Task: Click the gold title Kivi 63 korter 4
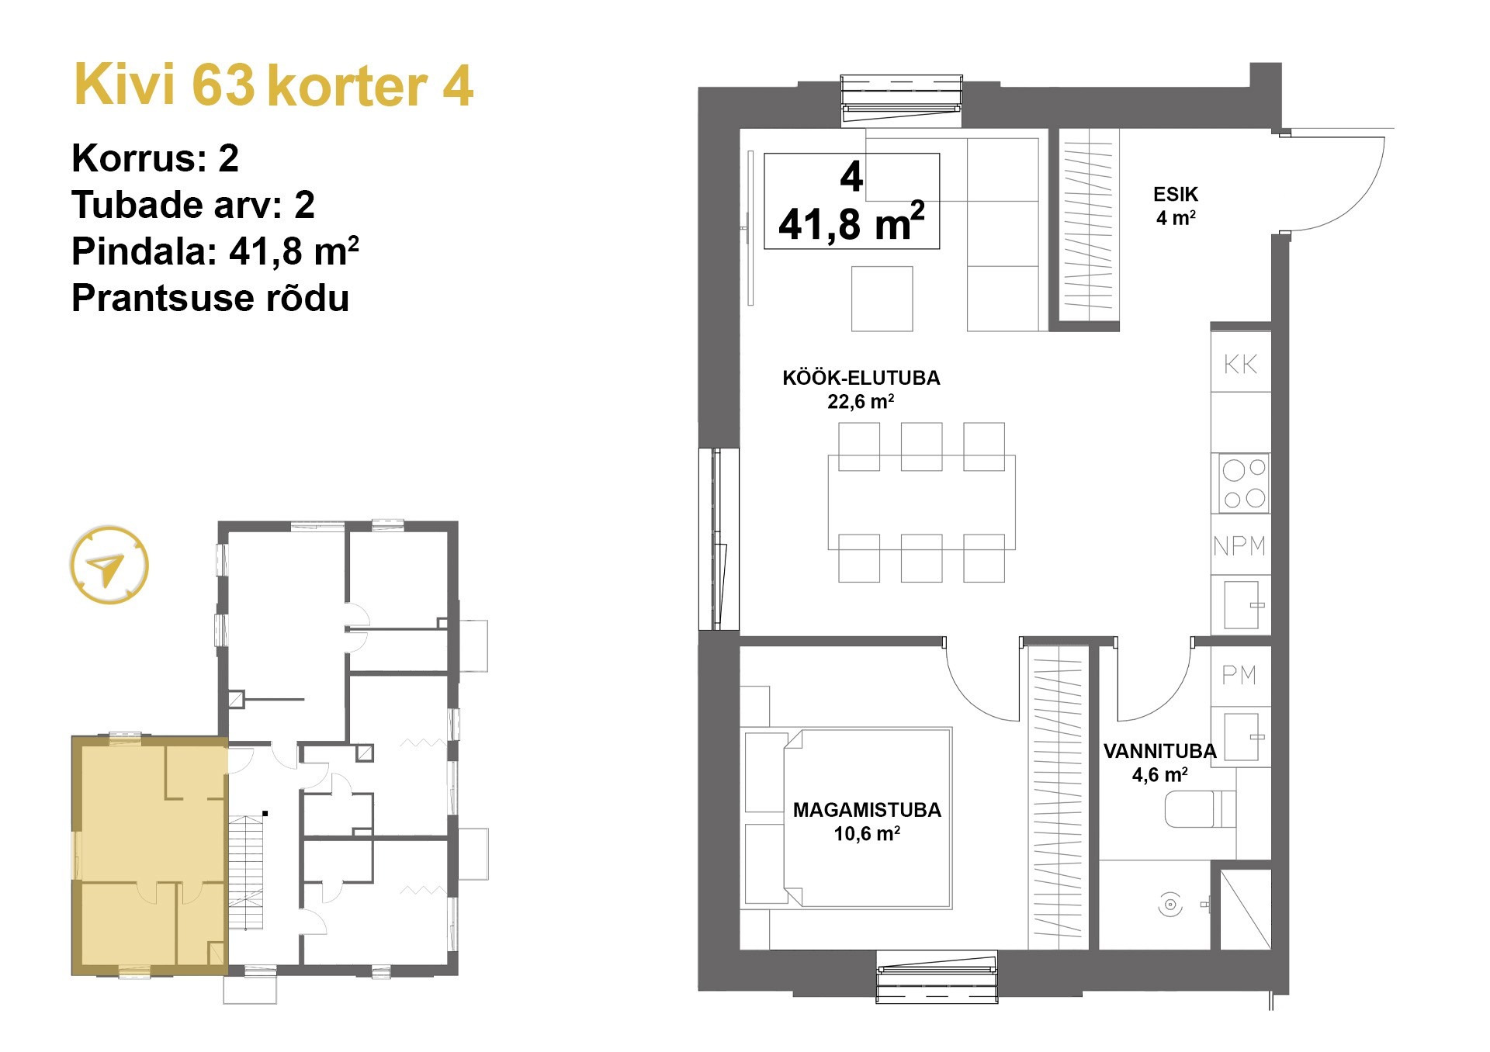click(x=273, y=85)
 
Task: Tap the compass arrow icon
click(x=109, y=566)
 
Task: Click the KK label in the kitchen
click(x=1240, y=364)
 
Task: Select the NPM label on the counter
click(x=1239, y=546)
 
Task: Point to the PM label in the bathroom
click(x=1239, y=675)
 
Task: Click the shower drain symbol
click(x=1169, y=904)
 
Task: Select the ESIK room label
click(x=1175, y=195)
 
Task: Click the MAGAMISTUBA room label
click(x=866, y=810)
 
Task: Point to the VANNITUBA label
click(x=1159, y=751)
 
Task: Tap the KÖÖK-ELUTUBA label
click(x=861, y=378)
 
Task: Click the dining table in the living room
click(x=921, y=502)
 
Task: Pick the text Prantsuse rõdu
click(x=210, y=298)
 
